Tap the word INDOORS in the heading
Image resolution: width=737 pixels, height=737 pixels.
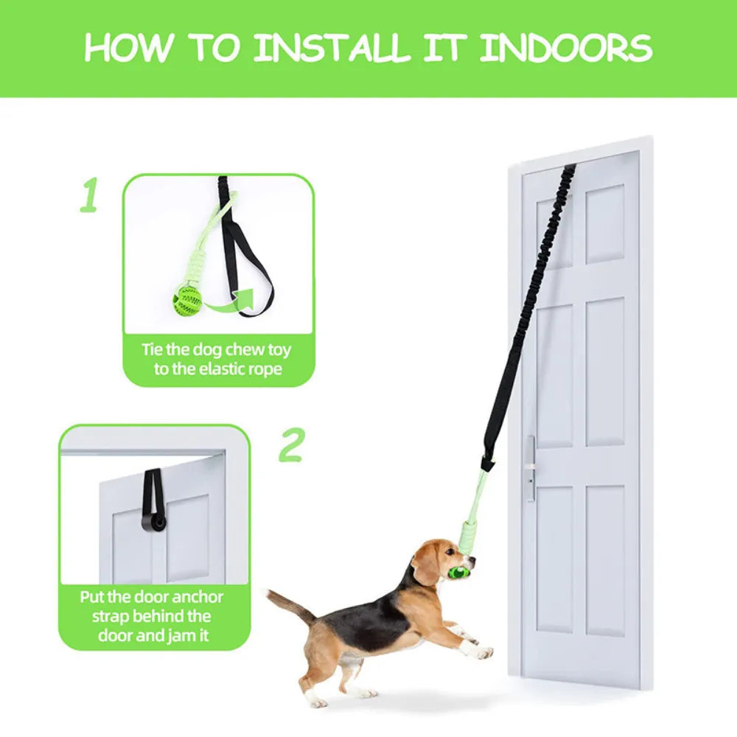point(565,47)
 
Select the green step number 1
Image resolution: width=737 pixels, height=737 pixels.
point(88,195)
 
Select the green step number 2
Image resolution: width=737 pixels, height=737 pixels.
point(291,444)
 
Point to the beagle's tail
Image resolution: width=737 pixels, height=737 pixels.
point(291,607)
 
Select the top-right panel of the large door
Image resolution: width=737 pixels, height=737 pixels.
point(605,224)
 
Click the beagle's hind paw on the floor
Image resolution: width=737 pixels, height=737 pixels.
point(321,702)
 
